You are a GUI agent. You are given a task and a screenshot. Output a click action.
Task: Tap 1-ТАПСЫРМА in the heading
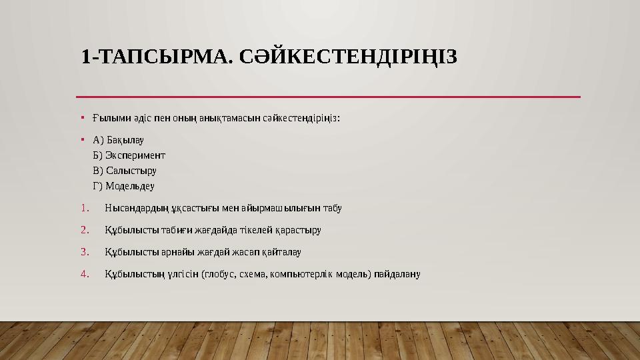click(x=154, y=57)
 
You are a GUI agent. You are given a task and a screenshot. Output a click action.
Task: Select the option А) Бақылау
click(x=119, y=140)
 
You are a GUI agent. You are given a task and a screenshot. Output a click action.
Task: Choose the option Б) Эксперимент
click(x=129, y=155)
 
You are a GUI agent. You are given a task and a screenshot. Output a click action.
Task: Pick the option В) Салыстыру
click(x=125, y=171)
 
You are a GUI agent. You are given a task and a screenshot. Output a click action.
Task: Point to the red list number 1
click(x=85, y=208)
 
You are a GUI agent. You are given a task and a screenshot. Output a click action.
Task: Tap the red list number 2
click(x=85, y=230)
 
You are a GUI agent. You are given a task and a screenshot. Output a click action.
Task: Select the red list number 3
click(x=85, y=252)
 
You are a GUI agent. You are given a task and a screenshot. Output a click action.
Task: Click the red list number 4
click(x=85, y=274)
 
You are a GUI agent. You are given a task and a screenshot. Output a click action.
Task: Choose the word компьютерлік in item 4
click(x=303, y=274)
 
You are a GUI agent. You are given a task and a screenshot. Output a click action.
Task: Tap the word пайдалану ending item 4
click(x=398, y=274)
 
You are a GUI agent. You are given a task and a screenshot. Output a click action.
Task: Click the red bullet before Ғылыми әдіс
click(x=81, y=118)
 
